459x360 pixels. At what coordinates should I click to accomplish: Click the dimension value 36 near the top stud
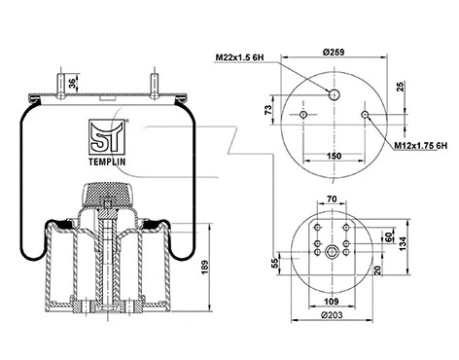72,86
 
